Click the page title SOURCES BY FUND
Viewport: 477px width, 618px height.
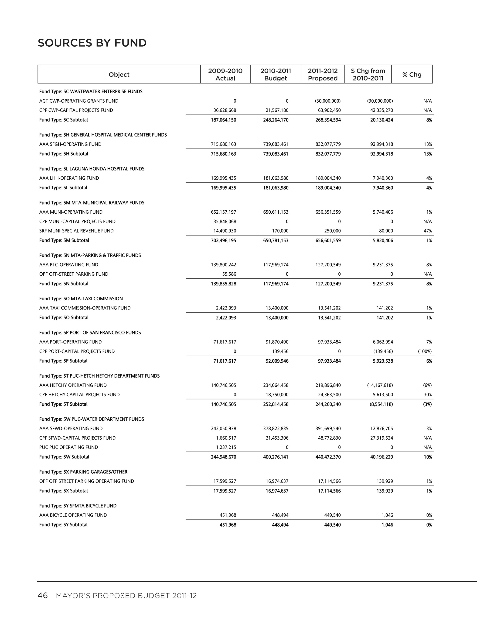(92, 43)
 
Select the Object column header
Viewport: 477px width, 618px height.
(119, 74)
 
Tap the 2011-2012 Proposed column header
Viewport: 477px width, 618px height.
(323, 74)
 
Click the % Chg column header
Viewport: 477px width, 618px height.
(412, 74)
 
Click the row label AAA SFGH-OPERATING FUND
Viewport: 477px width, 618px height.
(70, 144)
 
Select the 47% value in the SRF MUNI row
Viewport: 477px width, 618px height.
(428, 231)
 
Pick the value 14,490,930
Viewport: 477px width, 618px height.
(225, 231)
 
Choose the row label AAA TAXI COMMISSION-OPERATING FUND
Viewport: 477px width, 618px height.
(85, 308)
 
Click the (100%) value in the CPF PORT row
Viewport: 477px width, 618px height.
(425, 351)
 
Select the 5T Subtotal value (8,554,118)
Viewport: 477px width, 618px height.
(381, 404)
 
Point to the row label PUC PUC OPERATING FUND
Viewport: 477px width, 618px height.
(69, 447)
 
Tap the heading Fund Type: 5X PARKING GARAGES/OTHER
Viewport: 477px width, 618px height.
(83, 472)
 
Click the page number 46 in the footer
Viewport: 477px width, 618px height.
(43, 596)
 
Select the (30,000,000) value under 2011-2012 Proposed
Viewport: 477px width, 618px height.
(327, 101)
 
